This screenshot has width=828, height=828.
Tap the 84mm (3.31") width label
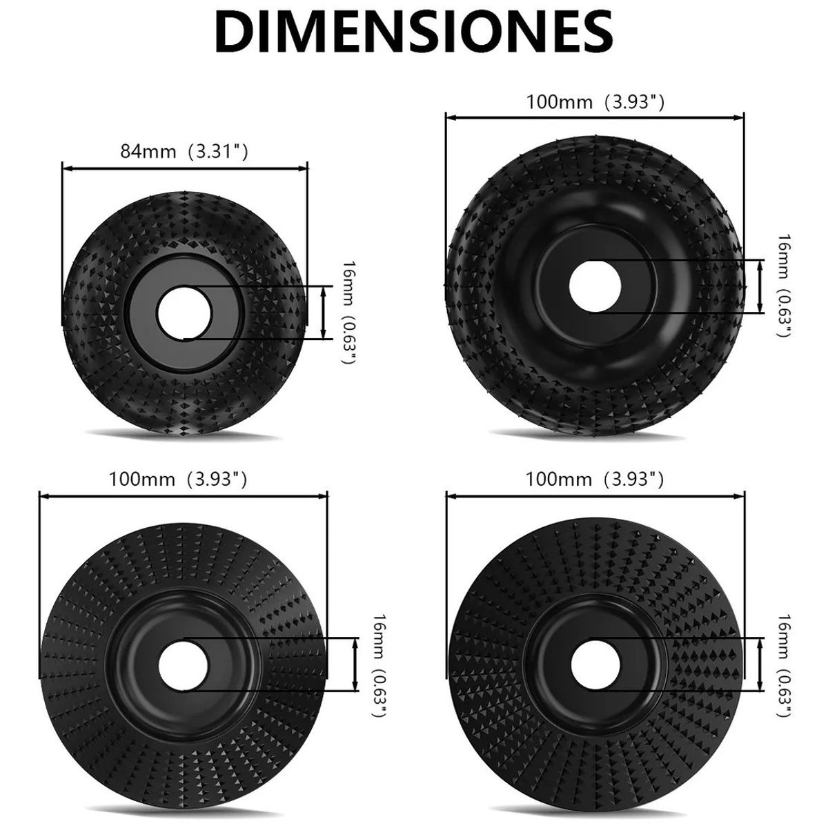[184, 151]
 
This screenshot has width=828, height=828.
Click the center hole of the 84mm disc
[184, 312]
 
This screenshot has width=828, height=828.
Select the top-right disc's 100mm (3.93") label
[595, 102]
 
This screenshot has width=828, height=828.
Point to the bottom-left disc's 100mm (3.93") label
[177, 479]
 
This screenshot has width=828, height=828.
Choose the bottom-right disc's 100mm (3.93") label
[595, 479]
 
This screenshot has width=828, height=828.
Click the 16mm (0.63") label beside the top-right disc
[785, 286]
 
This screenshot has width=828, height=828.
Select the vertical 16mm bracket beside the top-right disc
[760, 286]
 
